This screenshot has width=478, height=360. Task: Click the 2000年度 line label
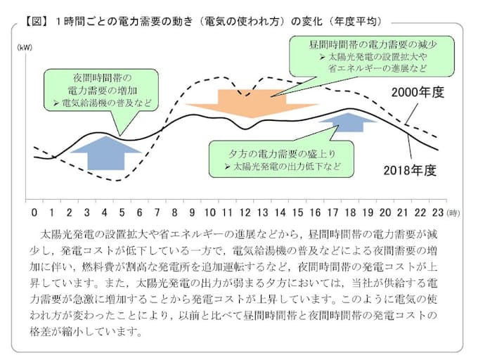[x=418, y=92]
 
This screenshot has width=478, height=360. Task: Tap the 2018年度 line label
[x=410, y=170]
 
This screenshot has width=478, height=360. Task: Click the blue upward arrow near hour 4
[x=105, y=153]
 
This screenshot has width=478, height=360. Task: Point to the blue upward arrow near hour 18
[x=347, y=122]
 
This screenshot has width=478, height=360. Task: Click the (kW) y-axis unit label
[x=25, y=48]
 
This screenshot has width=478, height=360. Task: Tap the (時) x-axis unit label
[x=453, y=213]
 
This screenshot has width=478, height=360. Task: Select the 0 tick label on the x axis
[x=34, y=212]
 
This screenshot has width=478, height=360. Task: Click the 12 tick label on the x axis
[x=245, y=212]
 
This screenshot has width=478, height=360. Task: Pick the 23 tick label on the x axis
[x=438, y=212]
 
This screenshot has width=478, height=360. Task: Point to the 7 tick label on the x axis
[x=157, y=212]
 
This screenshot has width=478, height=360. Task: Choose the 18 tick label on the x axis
[x=350, y=212]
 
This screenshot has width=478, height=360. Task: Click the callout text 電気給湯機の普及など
[x=106, y=103]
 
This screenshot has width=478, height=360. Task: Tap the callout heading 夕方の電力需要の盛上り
[x=283, y=154]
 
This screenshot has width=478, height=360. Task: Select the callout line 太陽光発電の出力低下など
[x=287, y=167]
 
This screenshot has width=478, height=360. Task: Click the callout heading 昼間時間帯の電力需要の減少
[x=373, y=45]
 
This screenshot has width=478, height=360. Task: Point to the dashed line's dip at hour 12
[x=246, y=96]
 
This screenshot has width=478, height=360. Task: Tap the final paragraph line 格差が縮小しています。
[x=86, y=331]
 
